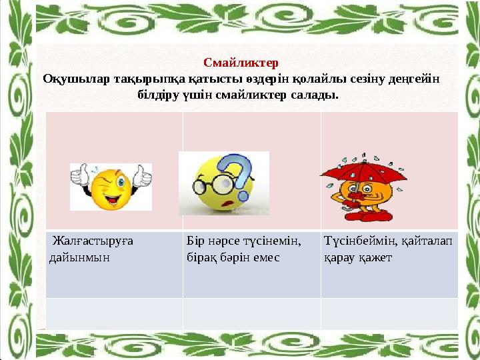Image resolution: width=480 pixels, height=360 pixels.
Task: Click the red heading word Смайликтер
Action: [240, 64]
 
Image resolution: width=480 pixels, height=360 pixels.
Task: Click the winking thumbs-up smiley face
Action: [111, 189]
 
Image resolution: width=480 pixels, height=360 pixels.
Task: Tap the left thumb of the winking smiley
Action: [80, 177]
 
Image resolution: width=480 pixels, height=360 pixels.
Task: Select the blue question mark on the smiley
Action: [238, 172]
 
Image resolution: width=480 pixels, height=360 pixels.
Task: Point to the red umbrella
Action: [363, 171]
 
